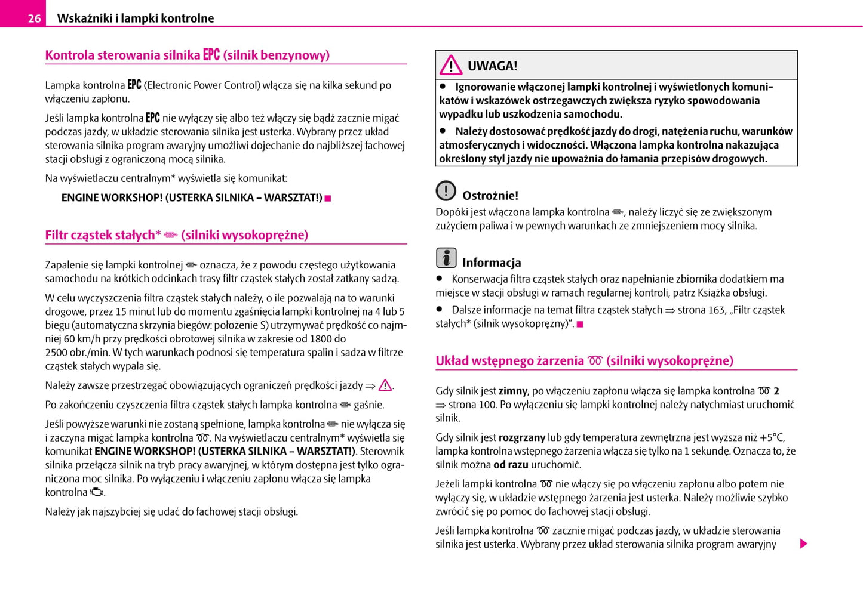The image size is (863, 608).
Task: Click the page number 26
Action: [x=34, y=18]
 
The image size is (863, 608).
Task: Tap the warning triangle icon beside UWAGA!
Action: [x=451, y=65]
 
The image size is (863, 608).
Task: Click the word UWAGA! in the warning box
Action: [x=492, y=66]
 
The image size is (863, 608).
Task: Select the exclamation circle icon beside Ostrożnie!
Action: [x=446, y=191]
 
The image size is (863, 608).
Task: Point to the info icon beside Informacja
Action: [x=446, y=258]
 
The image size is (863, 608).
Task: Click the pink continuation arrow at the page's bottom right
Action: [x=804, y=544]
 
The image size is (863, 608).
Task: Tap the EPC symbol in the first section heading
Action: [x=211, y=54]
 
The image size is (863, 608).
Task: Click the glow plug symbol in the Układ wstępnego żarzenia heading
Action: [x=595, y=360]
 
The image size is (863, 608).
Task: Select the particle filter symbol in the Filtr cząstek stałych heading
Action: [x=171, y=235]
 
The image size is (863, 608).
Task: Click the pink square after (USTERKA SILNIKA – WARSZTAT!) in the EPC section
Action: [x=328, y=198]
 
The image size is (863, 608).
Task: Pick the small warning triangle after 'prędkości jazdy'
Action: [x=385, y=385]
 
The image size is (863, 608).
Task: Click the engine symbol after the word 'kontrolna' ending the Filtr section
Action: [x=97, y=492]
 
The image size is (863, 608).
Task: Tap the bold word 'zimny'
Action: [x=512, y=391]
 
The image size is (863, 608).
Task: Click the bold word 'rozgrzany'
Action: [x=521, y=437]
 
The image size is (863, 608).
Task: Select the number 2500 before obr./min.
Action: [x=57, y=352]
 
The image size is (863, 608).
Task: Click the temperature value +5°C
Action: [x=772, y=437]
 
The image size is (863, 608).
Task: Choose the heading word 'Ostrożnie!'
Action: [x=490, y=196]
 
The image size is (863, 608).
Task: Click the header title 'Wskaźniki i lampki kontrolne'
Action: [x=136, y=18]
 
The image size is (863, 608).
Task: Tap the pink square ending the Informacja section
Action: [x=580, y=324]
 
